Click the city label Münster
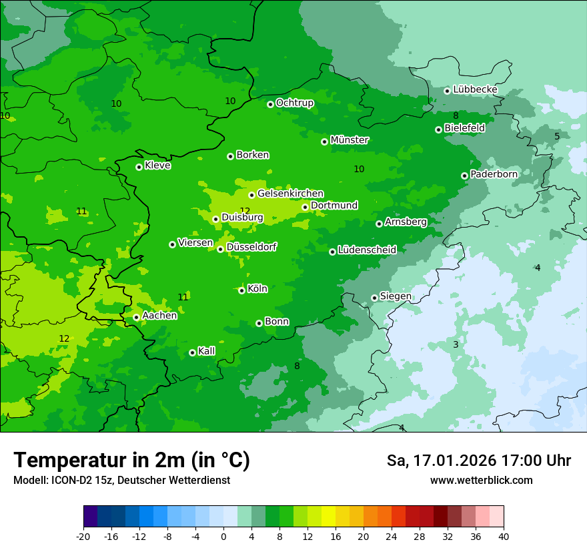click(x=350, y=140)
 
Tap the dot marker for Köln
click(x=241, y=290)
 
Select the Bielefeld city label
click(x=464, y=127)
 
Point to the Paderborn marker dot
click(x=464, y=176)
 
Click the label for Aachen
click(x=159, y=316)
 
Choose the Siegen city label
click(x=396, y=296)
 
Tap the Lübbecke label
click(x=475, y=89)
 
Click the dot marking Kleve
click(x=139, y=167)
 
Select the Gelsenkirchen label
click(x=290, y=194)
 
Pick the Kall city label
click(x=206, y=351)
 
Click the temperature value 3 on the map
click(x=456, y=344)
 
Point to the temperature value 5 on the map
click(x=557, y=136)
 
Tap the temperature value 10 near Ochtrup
click(x=230, y=101)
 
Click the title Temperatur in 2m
click(x=131, y=460)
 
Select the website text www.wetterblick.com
click(x=481, y=480)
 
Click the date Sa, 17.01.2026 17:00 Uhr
click(x=478, y=461)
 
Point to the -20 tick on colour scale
click(x=83, y=536)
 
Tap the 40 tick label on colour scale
click(x=504, y=536)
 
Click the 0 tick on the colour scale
click(x=223, y=536)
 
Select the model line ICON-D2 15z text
click(x=121, y=480)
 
